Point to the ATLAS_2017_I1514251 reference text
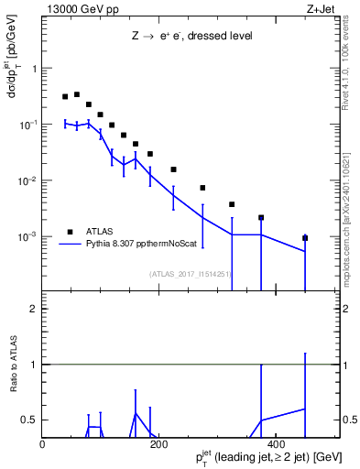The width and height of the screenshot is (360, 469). pyautogui.click(x=191, y=273)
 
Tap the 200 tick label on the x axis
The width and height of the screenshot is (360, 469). pyautogui.click(x=158, y=444)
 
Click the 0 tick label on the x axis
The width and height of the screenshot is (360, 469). pyautogui.click(x=42, y=444)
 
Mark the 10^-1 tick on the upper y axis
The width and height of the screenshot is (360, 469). pyautogui.click(x=27, y=124)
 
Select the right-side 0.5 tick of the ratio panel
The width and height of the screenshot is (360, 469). pyautogui.click(x=351, y=420)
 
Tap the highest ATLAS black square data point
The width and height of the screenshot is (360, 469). pyautogui.click(x=77, y=94)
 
